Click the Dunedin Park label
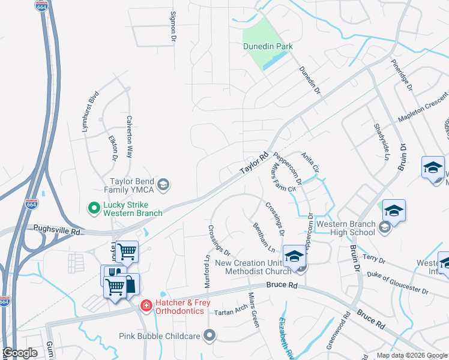point(267,46)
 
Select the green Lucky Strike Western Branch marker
point(94,208)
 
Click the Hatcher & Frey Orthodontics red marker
point(145,306)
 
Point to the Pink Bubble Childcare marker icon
point(209,335)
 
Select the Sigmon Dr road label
point(173,26)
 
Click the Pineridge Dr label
point(402,75)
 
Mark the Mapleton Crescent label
point(424,107)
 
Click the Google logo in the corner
point(20,353)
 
